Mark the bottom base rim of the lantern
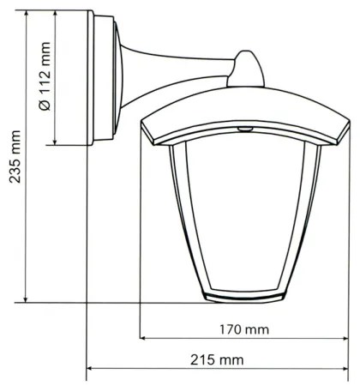[x=247, y=296]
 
